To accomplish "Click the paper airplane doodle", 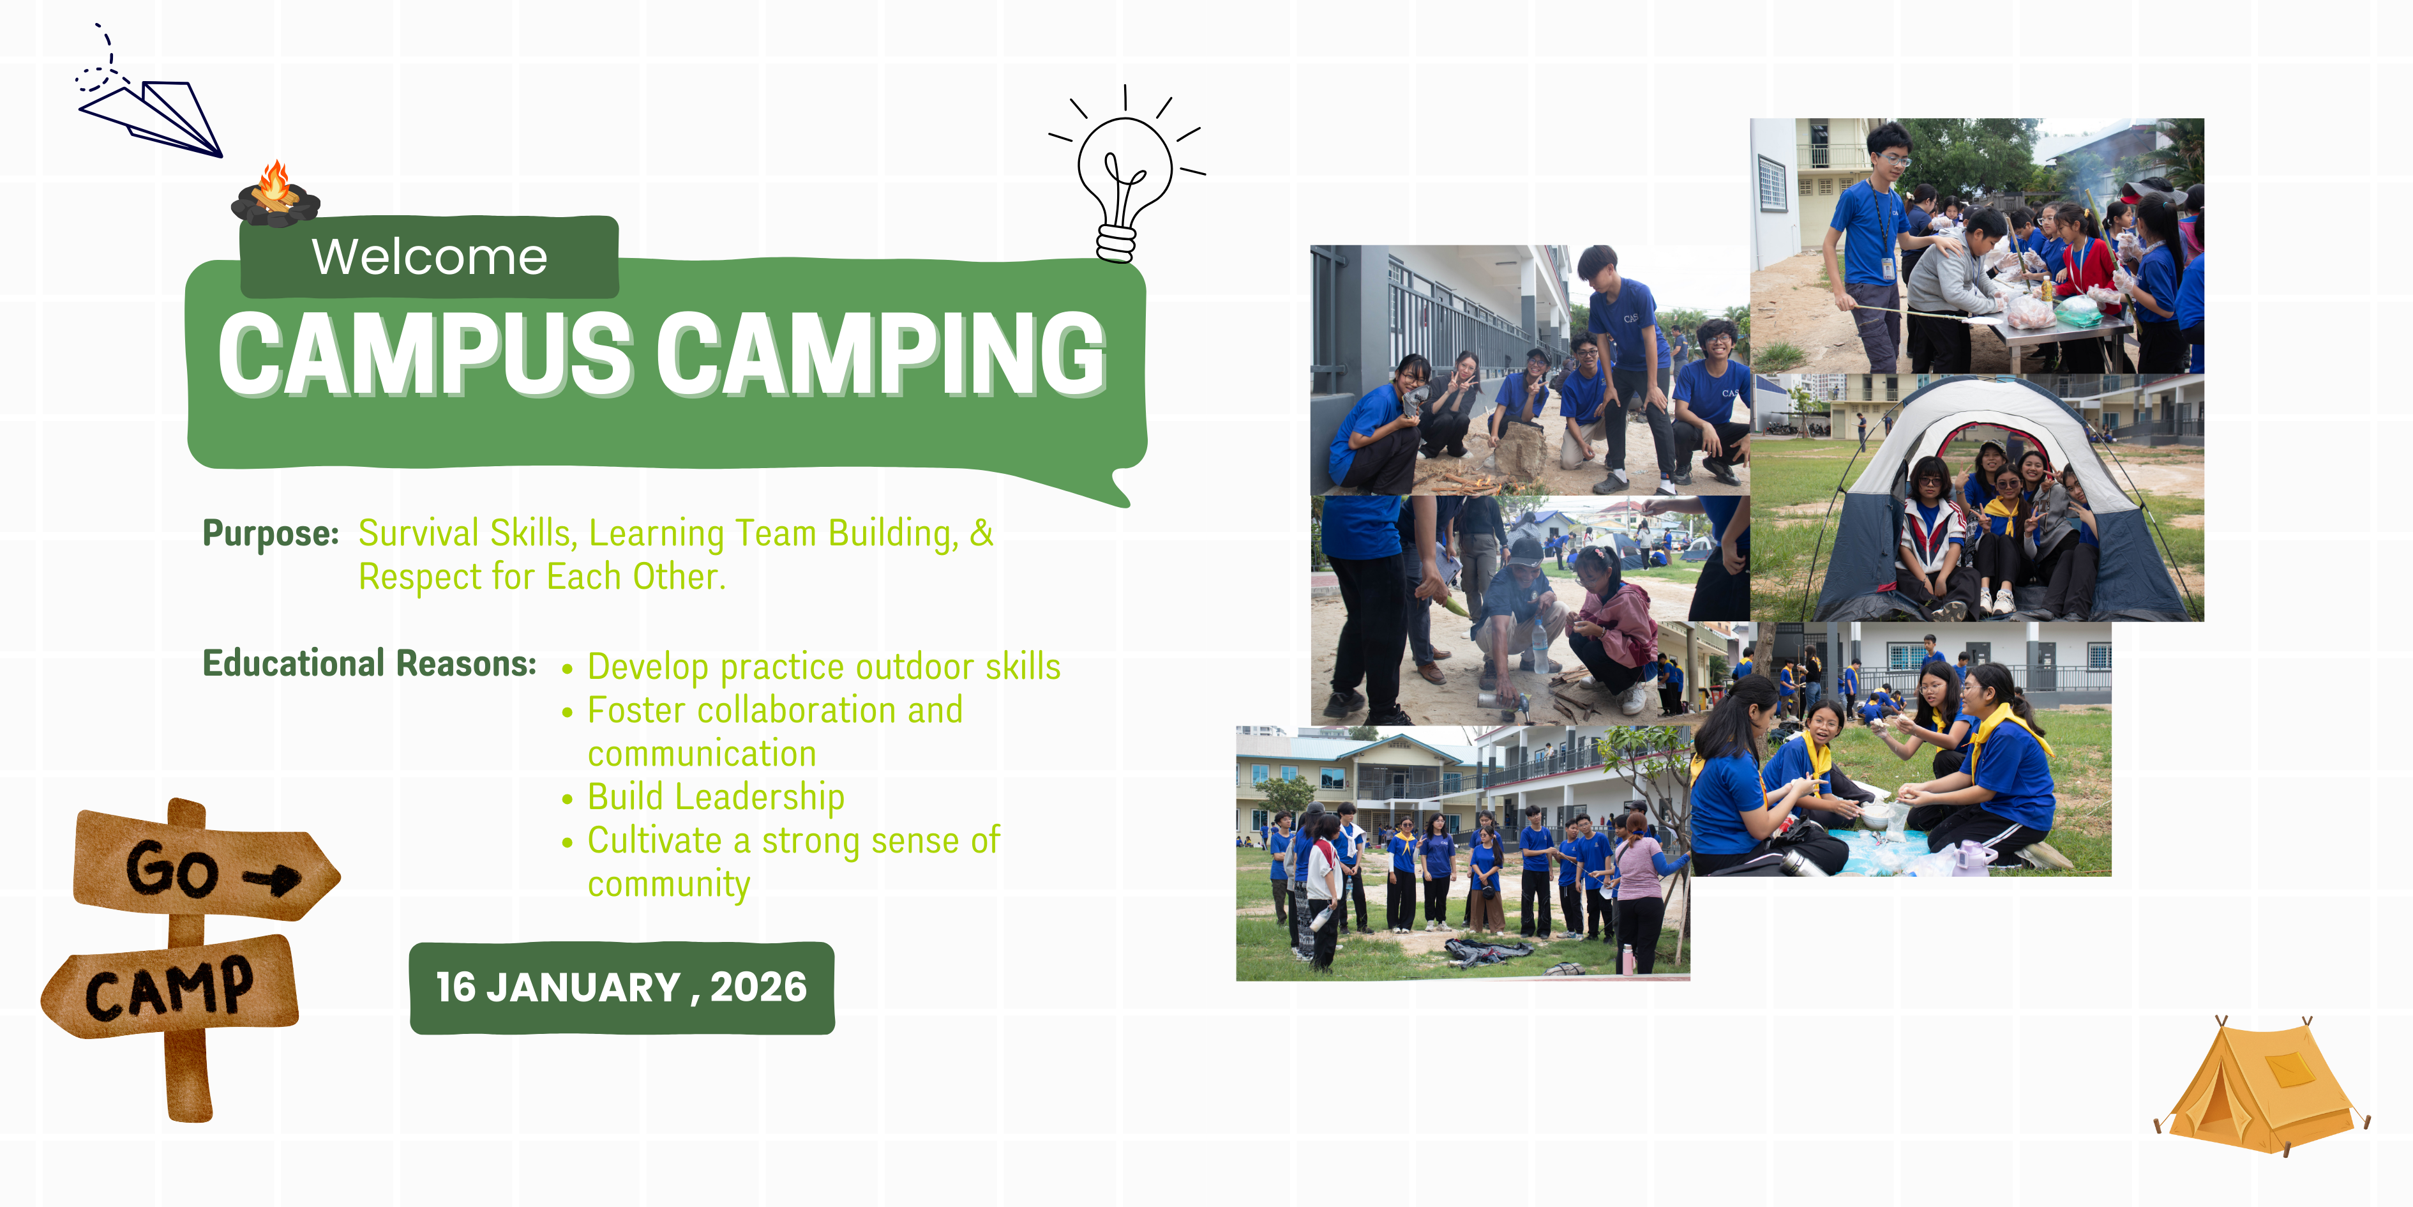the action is pyautogui.click(x=150, y=117).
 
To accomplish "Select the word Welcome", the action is pyautogui.click(x=430, y=257).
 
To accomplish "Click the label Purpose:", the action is pyautogui.click(x=271, y=533).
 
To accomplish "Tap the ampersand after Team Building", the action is pyautogui.click(x=981, y=532).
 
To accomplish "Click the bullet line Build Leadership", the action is pyautogui.click(x=716, y=796).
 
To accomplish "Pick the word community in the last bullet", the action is pyautogui.click(x=669, y=884).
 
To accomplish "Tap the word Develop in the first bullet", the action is pyautogui.click(x=648, y=667).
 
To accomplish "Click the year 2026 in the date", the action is pyautogui.click(x=759, y=987).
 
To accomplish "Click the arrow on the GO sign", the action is pyautogui.click(x=273, y=879).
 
